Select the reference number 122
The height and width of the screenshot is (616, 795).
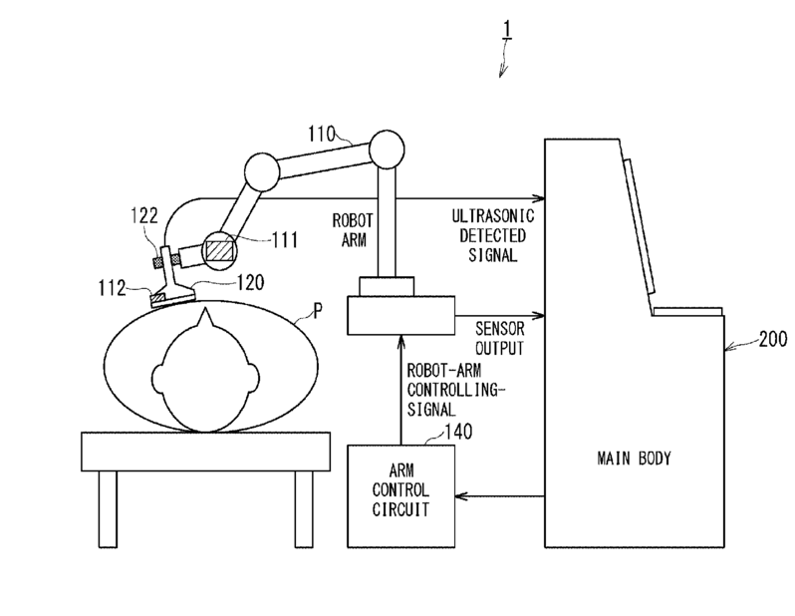(146, 214)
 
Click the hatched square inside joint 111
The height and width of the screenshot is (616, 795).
(218, 247)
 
